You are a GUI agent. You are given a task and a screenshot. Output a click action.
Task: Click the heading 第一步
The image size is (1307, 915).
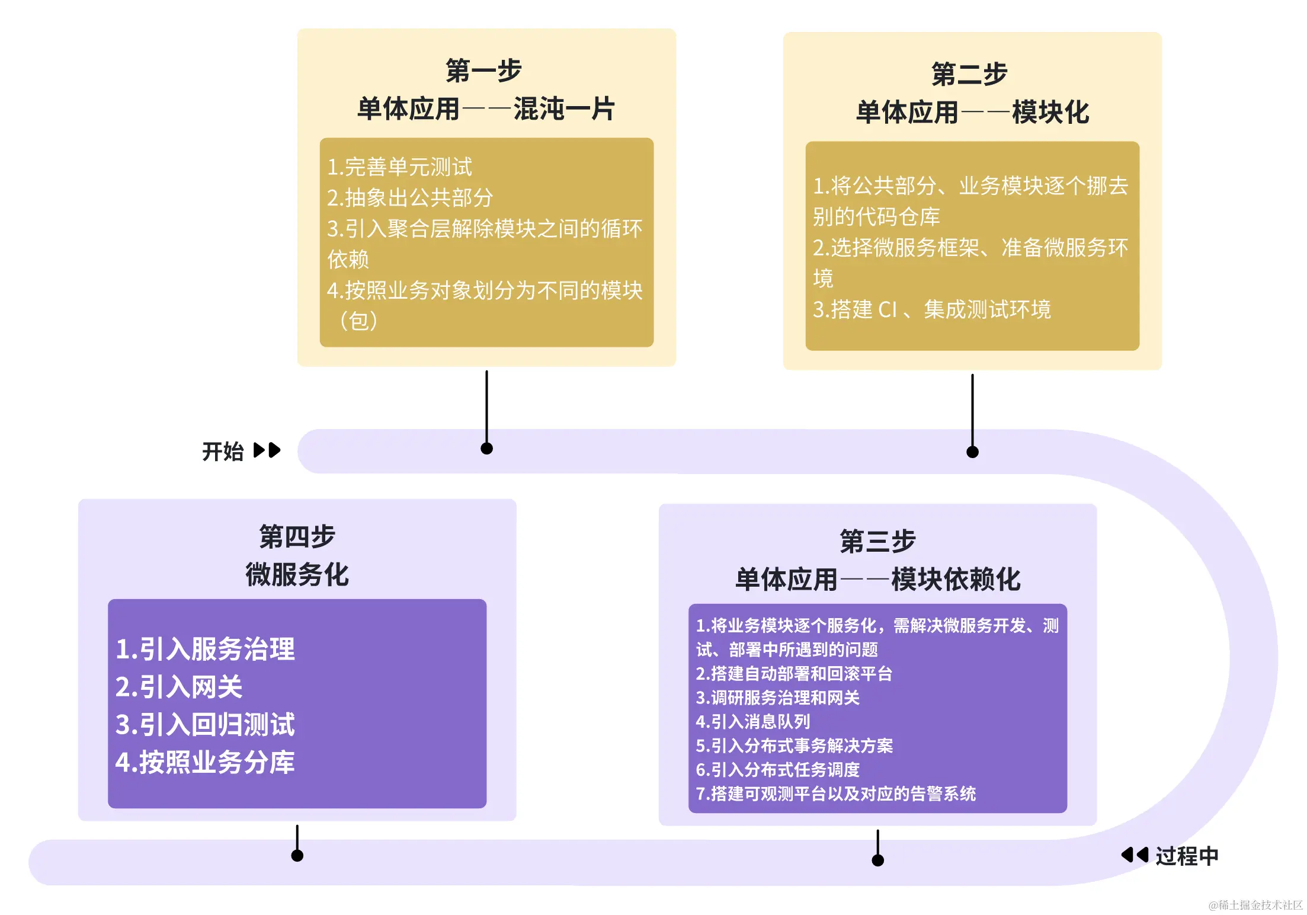point(483,71)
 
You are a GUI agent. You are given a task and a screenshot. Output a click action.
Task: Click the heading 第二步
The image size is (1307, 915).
point(969,75)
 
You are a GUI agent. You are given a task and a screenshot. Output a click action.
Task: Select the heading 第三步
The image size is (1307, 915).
point(877,542)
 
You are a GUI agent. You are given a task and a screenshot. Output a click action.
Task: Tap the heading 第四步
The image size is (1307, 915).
point(297,537)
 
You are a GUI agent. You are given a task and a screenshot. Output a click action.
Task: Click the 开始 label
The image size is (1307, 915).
point(223,452)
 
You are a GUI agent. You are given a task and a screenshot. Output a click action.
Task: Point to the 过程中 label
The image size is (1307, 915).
point(1187,856)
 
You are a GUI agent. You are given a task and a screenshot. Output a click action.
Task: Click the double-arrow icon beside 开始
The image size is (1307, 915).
point(267,450)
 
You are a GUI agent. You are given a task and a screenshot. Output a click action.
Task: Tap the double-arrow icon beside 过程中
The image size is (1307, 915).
point(1135,855)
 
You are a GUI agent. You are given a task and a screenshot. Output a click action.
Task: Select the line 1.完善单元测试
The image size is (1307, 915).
point(400,167)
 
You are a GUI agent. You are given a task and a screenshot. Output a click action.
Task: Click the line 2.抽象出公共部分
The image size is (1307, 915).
point(410,198)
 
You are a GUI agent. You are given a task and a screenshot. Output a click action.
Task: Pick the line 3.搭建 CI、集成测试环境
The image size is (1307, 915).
point(931,309)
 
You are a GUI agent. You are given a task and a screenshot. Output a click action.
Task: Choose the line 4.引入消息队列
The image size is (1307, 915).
point(752,722)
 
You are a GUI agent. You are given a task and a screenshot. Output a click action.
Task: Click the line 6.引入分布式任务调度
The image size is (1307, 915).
point(777,770)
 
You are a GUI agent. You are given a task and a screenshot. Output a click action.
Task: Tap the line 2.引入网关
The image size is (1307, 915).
point(179,687)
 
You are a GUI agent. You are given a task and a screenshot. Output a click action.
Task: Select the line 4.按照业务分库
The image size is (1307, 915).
point(205,763)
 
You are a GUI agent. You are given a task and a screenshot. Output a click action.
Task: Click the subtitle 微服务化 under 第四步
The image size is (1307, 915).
point(297,575)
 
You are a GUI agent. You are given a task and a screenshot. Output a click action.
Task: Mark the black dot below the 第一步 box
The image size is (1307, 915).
point(486,449)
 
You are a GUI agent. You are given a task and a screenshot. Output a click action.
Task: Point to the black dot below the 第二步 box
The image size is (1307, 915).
point(972,452)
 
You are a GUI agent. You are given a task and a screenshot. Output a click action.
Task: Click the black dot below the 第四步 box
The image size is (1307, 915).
point(297,856)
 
